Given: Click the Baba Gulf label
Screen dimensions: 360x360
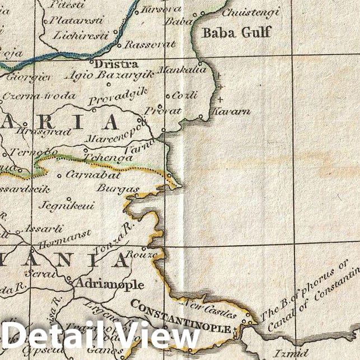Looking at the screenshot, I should (236, 32).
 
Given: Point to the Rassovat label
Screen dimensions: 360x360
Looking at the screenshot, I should (150, 44).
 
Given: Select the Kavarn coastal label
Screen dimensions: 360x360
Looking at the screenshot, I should (230, 111).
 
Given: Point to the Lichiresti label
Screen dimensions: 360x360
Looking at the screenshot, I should (81, 35).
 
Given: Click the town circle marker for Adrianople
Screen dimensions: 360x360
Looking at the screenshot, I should (68, 278).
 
